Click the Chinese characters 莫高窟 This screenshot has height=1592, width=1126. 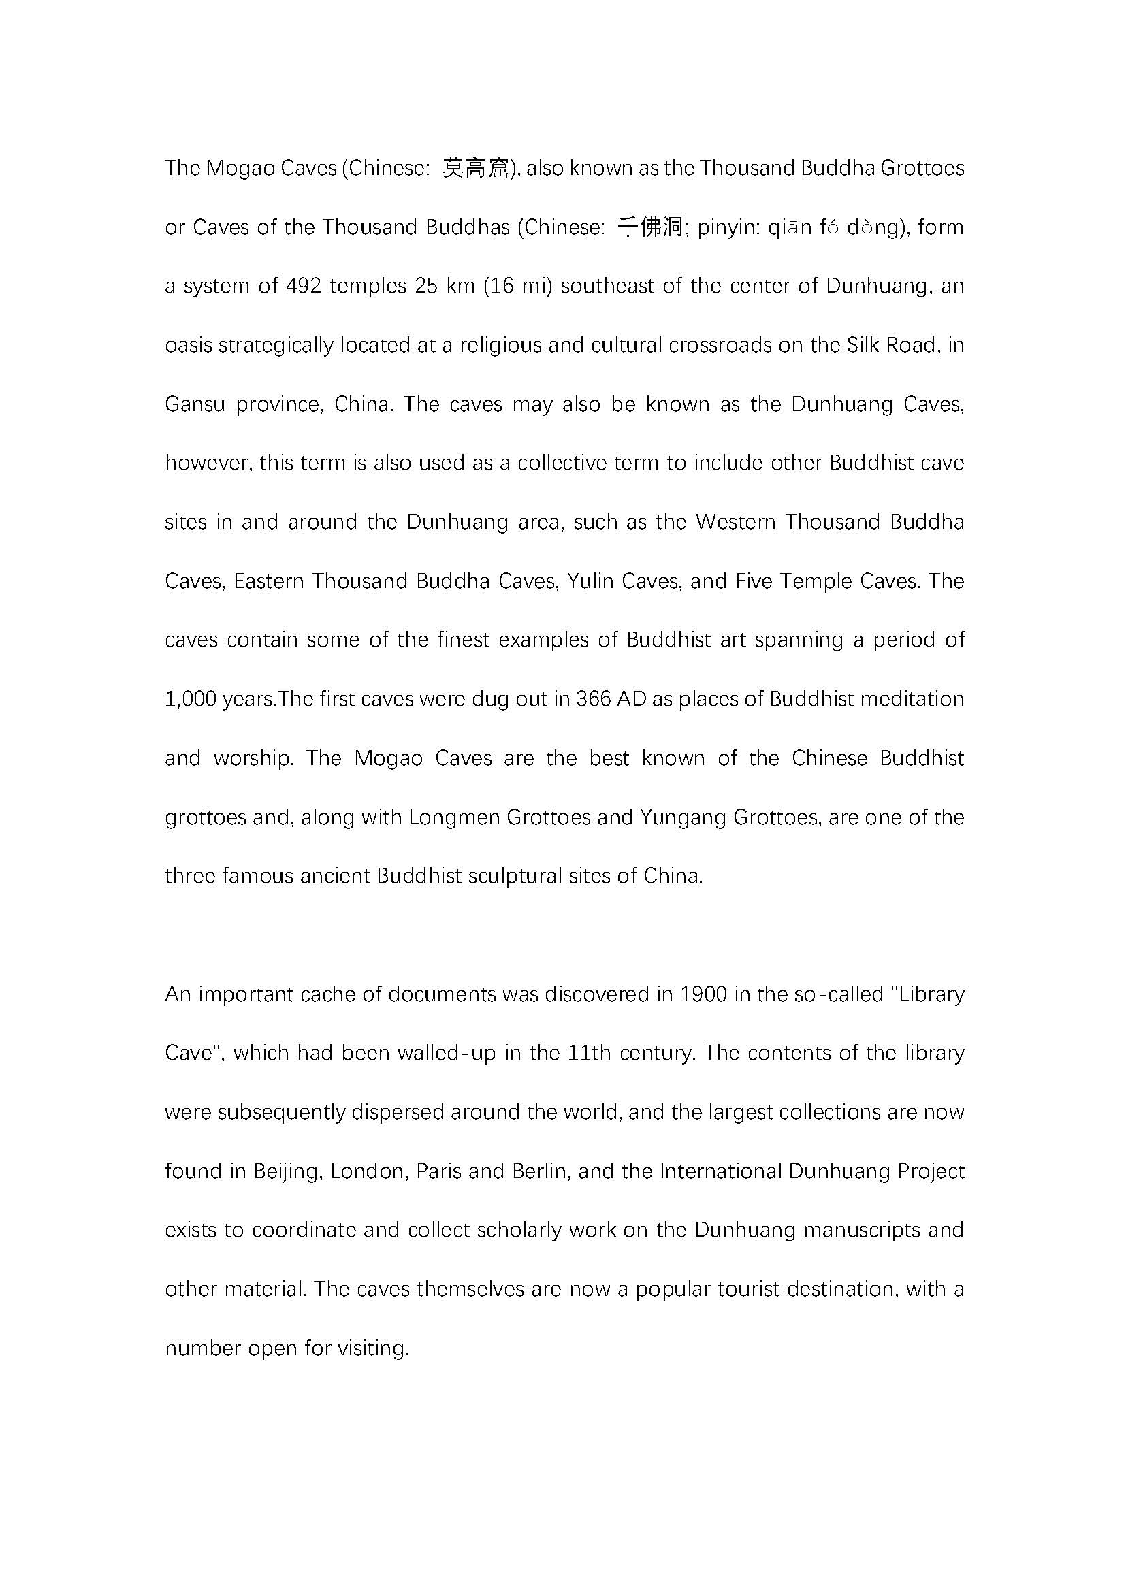(476, 169)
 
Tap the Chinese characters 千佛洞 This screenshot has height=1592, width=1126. (649, 227)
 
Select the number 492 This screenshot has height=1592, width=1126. (304, 287)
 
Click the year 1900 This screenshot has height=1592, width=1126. (703, 994)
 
